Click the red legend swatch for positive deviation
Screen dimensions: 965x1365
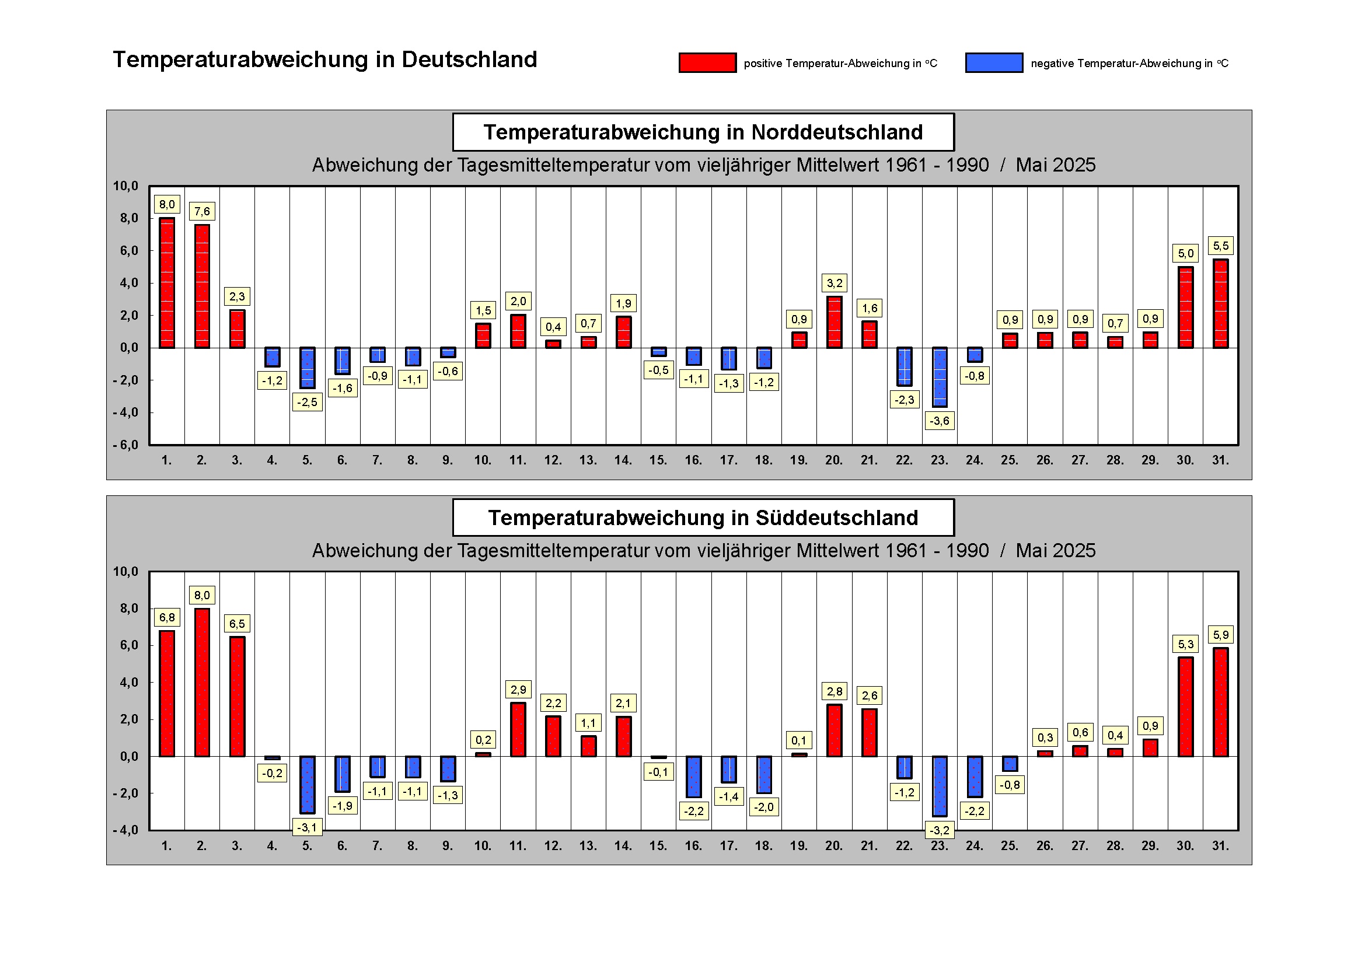[707, 63]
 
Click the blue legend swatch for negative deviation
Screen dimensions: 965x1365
[993, 63]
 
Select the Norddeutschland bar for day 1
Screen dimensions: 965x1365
[167, 283]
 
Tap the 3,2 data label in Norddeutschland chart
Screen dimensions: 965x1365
[834, 284]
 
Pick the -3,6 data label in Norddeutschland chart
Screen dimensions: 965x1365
[940, 421]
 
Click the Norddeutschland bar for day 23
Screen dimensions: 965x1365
[940, 377]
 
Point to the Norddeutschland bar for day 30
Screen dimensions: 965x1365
[1185, 307]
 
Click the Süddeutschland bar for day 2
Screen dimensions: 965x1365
[202, 682]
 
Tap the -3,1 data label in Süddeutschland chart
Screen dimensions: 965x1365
[308, 827]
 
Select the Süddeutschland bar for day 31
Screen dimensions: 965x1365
[1220, 702]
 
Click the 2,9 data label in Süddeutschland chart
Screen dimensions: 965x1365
[518, 690]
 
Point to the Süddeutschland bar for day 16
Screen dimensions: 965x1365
[694, 776]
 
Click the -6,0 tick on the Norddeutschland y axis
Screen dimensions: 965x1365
[125, 445]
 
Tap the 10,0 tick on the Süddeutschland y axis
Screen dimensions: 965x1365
[125, 572]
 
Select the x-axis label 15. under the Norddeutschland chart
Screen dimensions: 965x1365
[658, 460]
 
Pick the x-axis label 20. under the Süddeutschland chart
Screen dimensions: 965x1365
[833, 845]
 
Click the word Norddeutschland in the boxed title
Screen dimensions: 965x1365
[836, 132]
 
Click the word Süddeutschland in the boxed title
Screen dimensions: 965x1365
[836, 518]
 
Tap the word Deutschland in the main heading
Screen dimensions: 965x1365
[469, 60]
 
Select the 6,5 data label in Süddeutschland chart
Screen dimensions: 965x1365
[237, 623]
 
